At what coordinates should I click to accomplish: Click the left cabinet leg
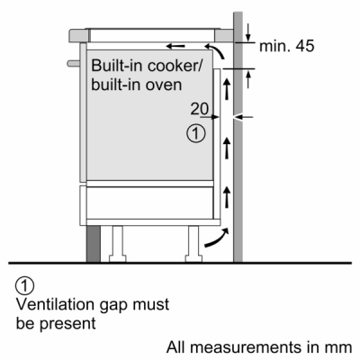pos(118,240)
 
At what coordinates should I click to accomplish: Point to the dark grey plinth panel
pos(94,244)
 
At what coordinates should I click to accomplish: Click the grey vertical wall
pos(240,180)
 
